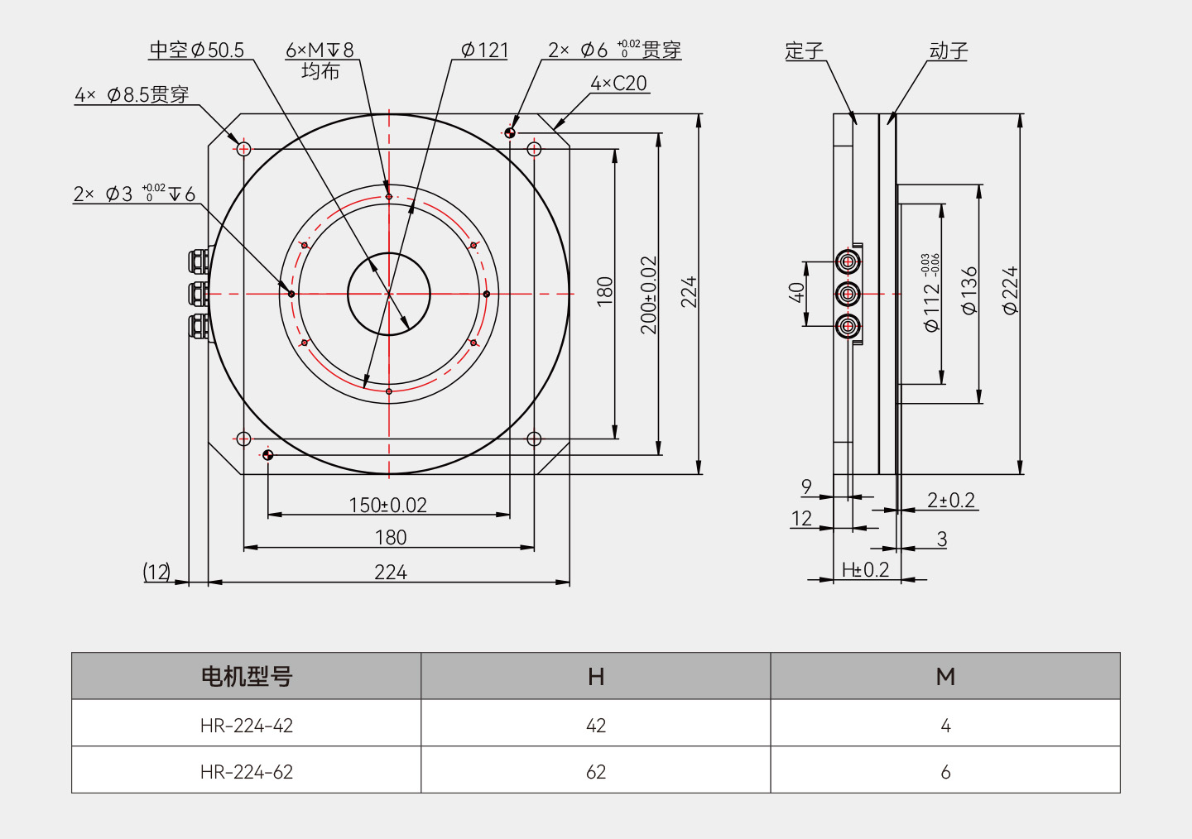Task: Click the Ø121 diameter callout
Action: (484, 50)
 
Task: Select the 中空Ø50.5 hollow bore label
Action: (197, 50)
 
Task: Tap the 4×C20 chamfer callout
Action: (618, 84)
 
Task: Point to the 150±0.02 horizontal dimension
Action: (387, 505)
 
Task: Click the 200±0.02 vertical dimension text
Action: (648, 295)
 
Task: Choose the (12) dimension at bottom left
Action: (156, 572)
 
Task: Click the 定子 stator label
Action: (804, 51)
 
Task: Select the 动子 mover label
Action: (948, 51)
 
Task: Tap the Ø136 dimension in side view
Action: (969, 290)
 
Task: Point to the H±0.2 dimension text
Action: (865, 569)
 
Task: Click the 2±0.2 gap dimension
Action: (950, 500)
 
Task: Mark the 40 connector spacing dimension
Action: (796, 292)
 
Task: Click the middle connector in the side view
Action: (848, 294)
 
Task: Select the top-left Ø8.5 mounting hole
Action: (243, 149)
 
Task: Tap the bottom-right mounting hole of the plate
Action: (534, 439)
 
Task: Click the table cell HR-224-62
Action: (247, 771)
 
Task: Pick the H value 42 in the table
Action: (596, 725)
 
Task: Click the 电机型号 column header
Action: (247, 677)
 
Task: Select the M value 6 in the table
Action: (945, 771)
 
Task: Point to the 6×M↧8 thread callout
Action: (320, 50)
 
